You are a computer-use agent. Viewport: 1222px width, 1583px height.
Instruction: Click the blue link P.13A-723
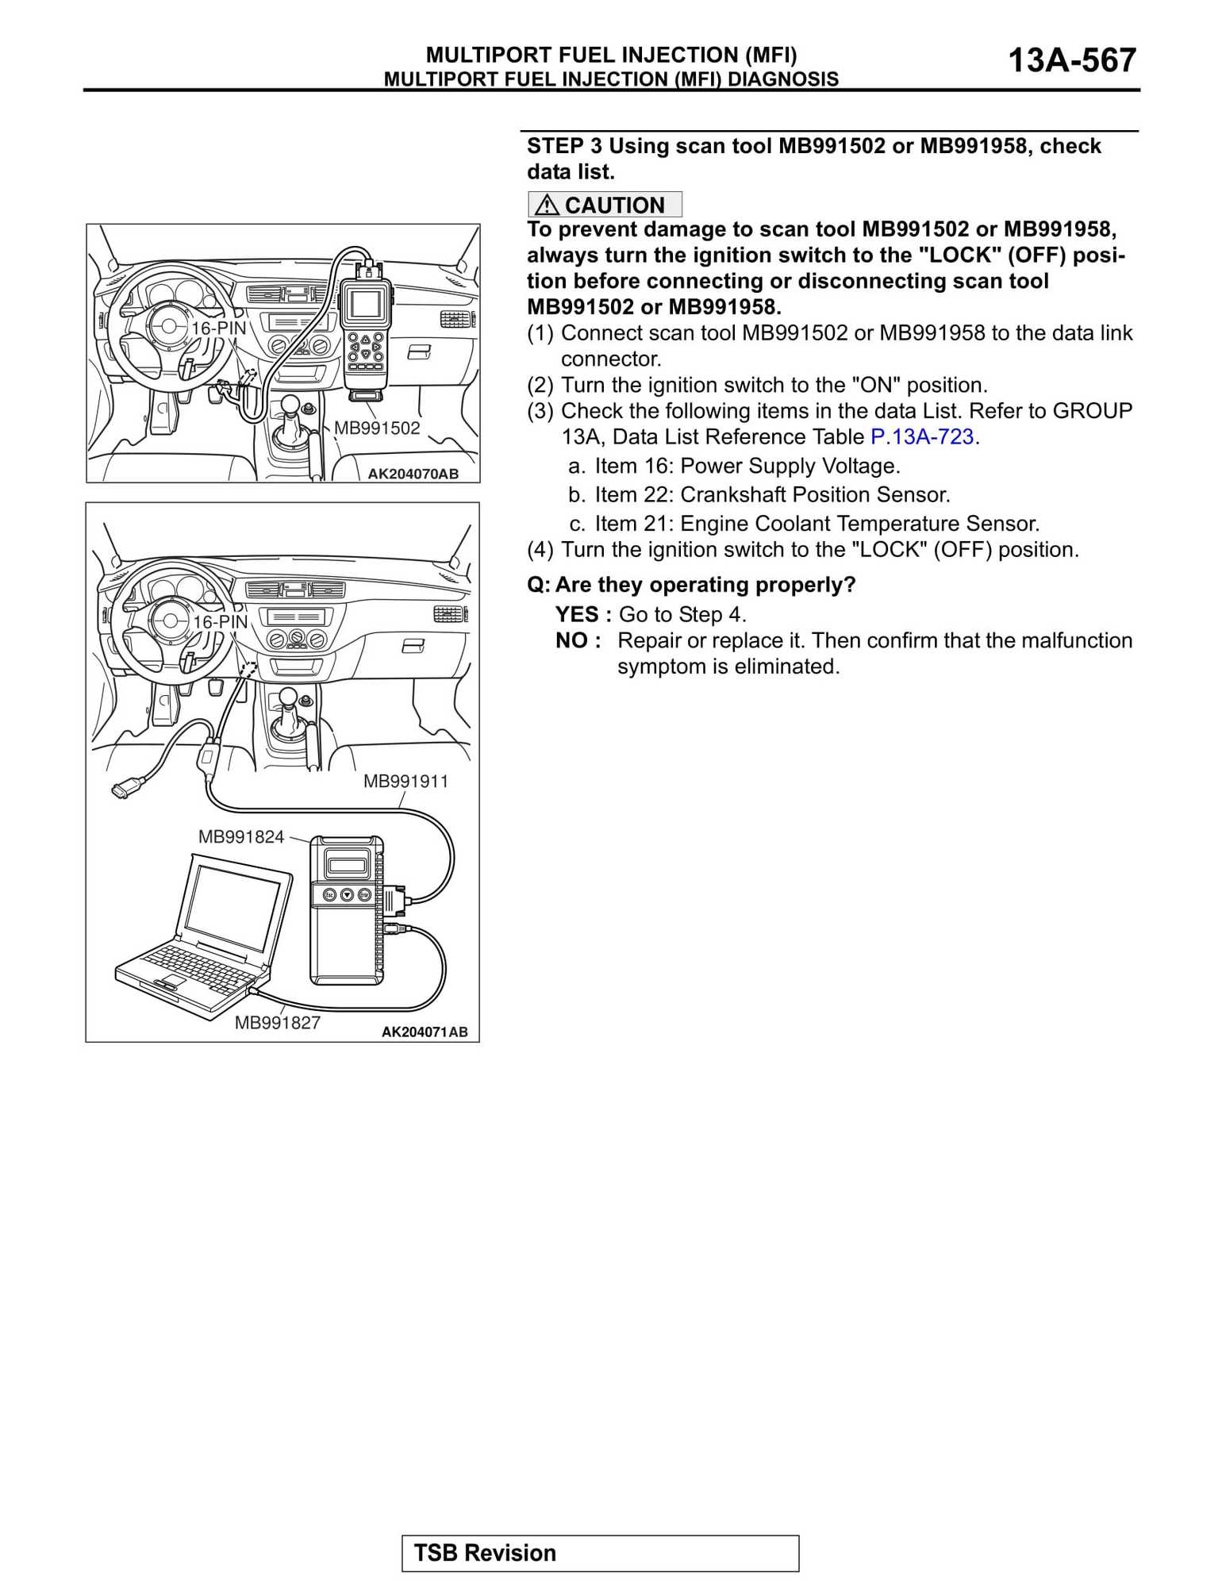[x=921, y=437]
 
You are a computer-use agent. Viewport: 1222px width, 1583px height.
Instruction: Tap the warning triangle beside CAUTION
[x=547, y=206]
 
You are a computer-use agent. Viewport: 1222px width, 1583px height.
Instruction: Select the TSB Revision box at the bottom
[x=600, y=1553]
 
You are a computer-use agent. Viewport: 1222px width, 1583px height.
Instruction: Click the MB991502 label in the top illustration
[x=377, y=428]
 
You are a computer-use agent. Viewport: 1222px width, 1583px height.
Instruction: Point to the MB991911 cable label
[x=405, y=782]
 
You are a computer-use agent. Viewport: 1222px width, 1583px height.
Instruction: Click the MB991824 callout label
[x=241, y=836]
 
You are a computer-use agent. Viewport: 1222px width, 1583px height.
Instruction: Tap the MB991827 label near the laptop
[x=278, y=1023]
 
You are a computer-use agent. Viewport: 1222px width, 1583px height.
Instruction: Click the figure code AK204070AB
[x=413, y=474]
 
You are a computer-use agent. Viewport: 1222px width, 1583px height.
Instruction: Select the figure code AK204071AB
[x=425, y=1032]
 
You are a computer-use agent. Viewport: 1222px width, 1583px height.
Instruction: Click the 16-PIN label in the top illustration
[x=218, y=328]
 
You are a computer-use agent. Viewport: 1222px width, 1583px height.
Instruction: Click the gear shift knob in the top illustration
[x=290, y=405]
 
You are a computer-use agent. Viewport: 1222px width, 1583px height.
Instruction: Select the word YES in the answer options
[x=577, y=615]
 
